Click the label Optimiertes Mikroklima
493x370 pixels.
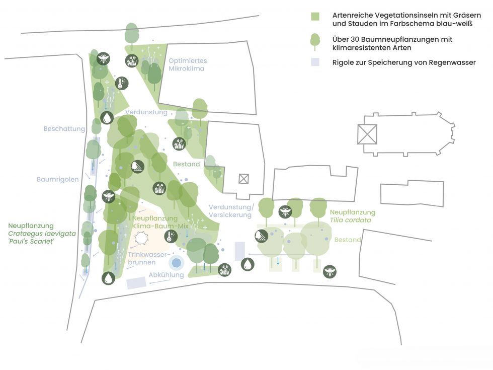(188, 64)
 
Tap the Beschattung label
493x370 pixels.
(64, 129)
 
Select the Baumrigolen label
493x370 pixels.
(58, 179)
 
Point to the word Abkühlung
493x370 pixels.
(166, 275)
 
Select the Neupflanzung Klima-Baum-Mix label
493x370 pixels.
(155, 223)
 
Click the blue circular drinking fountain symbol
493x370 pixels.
(177, 262)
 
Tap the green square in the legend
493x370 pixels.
(315, 16)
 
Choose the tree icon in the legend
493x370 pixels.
(315, 41)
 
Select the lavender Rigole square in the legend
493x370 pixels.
(315, 62)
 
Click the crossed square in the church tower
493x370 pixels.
(367, 134)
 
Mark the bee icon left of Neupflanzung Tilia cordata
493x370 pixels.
(285, 211)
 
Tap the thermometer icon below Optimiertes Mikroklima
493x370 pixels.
(121, 83)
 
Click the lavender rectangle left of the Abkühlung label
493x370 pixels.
(136, 283)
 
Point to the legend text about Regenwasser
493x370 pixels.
(404, 62)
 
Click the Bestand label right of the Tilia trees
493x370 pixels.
(348, 240)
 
